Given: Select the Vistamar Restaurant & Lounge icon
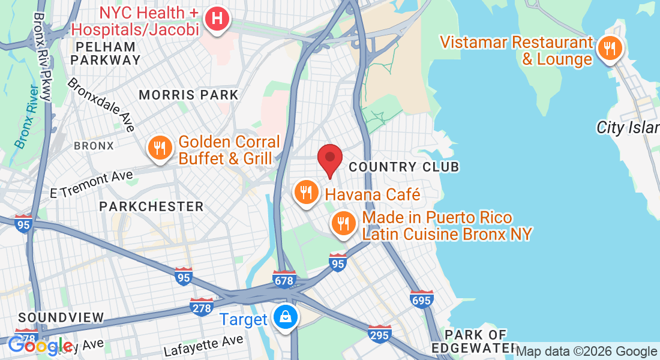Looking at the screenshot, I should point(610,49).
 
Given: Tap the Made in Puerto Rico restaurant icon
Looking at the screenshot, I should point(343,224).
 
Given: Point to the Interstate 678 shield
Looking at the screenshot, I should point(284,279).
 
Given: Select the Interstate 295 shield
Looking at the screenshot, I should point(380,334).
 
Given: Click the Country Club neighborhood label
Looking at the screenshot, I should point(404,167).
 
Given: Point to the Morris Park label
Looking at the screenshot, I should point(188,95).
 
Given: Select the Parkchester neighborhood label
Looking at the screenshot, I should point(151,206).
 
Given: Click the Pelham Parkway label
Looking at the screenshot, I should point(106,53).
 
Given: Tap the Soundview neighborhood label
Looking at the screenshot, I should point(61,317).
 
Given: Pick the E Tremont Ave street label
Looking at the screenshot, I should point(91,184).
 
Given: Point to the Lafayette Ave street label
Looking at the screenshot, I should point(203,346).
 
